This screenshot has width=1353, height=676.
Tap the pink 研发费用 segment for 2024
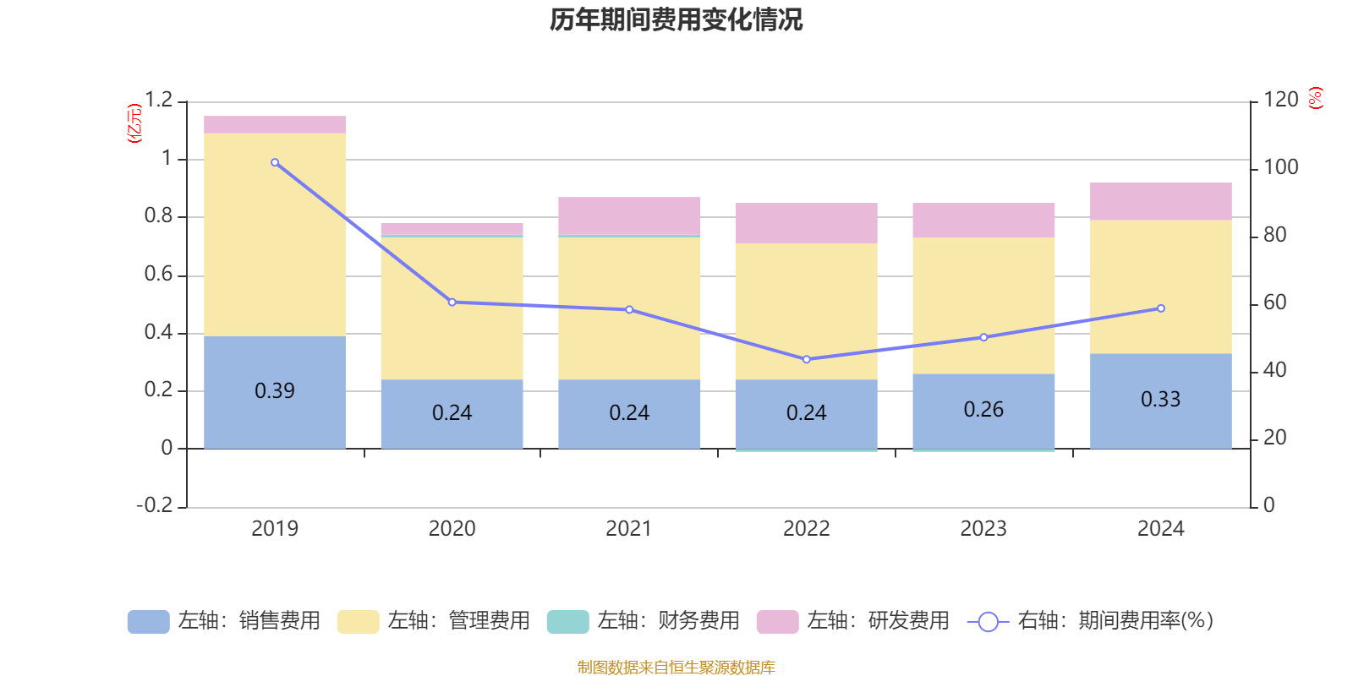coord(1160,201)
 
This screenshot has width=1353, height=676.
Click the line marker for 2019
coord(275,162)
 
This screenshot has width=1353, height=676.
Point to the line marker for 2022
coord(806,359)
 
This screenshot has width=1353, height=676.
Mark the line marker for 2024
coord(1160,308)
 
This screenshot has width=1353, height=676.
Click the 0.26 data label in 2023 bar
coord(983,410)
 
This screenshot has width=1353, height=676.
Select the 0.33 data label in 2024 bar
coord(1160,400)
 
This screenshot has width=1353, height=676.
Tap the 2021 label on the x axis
coord(629,529)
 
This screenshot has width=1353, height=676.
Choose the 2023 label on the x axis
coord(983,529)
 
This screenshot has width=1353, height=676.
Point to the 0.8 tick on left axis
coord(158,216)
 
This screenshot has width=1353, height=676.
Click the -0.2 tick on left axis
coord(154,505)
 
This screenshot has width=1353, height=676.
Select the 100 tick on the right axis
coord(1281,167)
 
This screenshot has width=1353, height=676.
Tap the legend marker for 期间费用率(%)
coord(988,622)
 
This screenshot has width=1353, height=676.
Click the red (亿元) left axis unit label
coord(134,123)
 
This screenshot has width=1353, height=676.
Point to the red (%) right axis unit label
coord(1315,98)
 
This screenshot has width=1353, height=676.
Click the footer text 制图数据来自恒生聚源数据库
coord(676,668)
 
